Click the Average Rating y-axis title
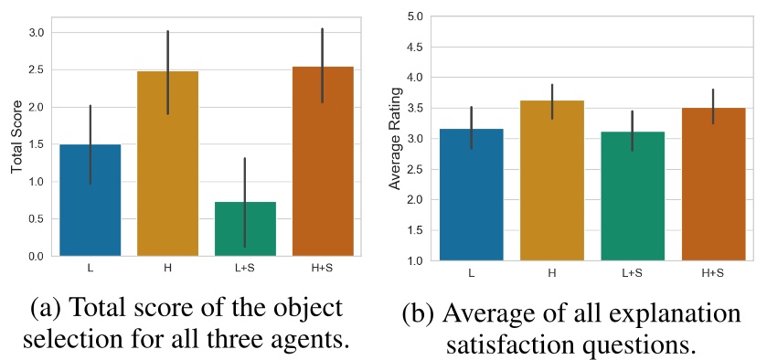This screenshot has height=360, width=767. pyautogui.click(x=396, y=140)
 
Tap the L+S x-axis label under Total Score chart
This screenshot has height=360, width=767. pyautogui.click(x=245, y=271)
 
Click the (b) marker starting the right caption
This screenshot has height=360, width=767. pyautogui.click(x=420, y=314)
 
